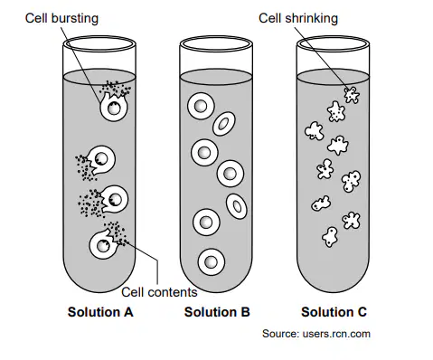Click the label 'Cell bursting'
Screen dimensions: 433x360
(x=61, y=18)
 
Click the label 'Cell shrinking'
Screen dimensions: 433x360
(x=298, y=18)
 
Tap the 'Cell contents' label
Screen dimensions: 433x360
(x=159, y=292)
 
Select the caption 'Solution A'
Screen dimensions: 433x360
(x=100, y=312)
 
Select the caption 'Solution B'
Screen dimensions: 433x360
(x=217, y=312)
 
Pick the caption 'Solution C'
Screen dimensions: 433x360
(x=334, y=312)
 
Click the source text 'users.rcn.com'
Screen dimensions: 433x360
(x=336, y=334)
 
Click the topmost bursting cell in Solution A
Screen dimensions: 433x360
(x=114, y=106)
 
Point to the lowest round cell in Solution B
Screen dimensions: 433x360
(x=212, y=261)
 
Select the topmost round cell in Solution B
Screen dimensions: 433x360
(x=201, y=106)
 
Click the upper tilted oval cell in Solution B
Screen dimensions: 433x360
(x=224, y=124)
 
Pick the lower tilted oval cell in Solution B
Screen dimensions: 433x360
(x=237, y=206)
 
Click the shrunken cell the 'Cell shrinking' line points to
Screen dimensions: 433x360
(x=352, y=95)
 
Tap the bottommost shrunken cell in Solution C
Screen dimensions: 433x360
(x=330, y=237)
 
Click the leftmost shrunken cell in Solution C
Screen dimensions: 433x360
(x=315, y=131)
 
